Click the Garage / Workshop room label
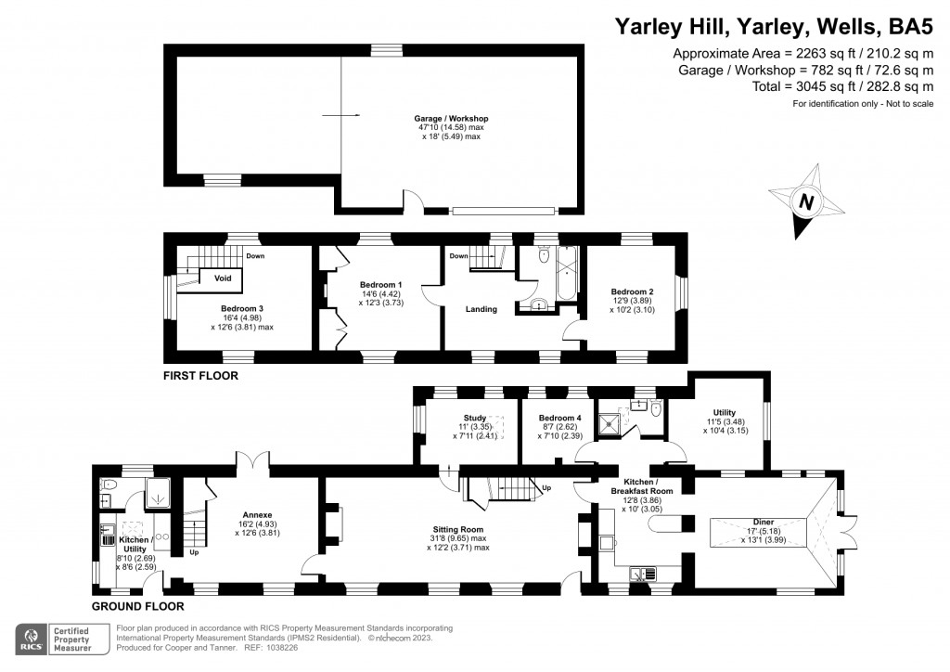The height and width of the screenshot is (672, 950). [x=451, y=119]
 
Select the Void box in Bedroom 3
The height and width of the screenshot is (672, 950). [x=223, y=278]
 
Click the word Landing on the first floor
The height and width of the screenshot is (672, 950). [x=481, y=309]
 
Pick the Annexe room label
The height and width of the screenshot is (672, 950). [x=256, y=514]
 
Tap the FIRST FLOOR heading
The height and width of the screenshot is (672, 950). [x=200, y=377]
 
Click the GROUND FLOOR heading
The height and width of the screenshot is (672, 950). [x=137, y=606]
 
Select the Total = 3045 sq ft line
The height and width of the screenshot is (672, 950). [x=842, y=86]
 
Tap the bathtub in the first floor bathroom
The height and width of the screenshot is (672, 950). [x=563, y=275]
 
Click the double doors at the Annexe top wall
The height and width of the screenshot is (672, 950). [x=248, y=461]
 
